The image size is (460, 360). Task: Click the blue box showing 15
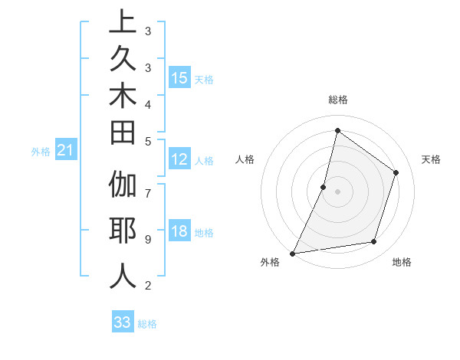[x=179, y=78]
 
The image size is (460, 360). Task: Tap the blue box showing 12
[x=179, y=160]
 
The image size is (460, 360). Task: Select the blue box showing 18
[x=179, y=231]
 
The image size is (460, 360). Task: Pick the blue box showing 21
[x=66, y=152]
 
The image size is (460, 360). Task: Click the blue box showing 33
[x=123, y=322]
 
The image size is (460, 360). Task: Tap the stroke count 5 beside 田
[x=147, y=141]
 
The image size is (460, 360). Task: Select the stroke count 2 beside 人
[x=147, y=286]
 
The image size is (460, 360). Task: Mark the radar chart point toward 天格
[x=396, y=172]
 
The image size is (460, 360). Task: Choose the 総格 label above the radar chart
[x=337, y=100]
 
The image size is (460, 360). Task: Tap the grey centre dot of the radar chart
[x=337, y=191]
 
